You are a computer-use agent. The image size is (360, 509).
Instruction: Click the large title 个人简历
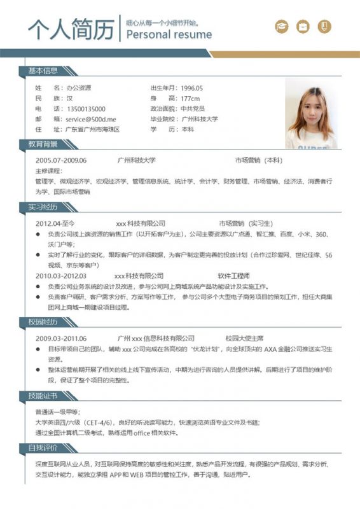coord(71,29)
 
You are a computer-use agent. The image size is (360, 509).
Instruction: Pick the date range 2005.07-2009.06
coord(61,160)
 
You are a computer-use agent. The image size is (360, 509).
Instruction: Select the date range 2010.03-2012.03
coord(61,276)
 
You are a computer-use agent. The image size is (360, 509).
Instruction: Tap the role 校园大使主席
coord(244,338)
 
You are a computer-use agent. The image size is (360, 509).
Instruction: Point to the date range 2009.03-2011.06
coord(61,338)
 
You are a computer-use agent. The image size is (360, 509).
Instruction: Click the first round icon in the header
coord(280,27)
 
